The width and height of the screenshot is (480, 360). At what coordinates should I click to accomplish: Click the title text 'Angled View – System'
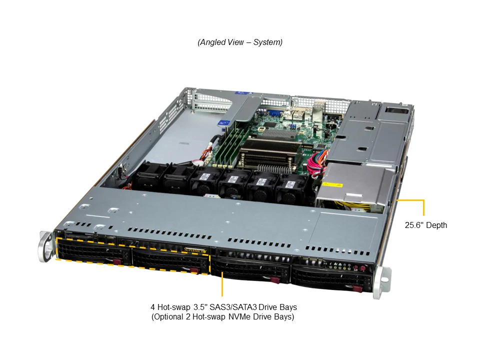[x=240, y=42]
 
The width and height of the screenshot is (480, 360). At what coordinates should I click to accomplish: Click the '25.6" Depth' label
[x=425, y=225]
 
